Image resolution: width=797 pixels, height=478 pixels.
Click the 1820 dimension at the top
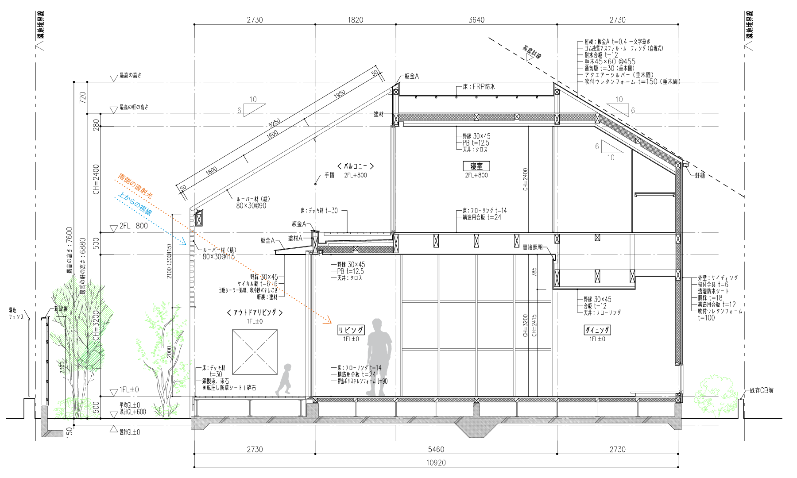[x=355, y=20]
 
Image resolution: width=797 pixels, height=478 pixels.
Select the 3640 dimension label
[x=476, y=20]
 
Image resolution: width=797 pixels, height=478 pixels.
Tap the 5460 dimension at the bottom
[x=436, y=449]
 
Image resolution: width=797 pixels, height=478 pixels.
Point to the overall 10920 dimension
[x=436, y=463]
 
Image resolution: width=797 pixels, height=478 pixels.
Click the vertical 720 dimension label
[x=83, y=98]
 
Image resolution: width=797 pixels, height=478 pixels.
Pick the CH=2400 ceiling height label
[x=96, y=179]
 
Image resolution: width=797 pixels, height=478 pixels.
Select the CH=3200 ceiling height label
[x=96, y=325]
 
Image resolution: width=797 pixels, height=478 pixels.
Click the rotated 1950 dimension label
[x=340, y=94]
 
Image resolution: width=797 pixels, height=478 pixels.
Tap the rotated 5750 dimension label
[x=275, y=123]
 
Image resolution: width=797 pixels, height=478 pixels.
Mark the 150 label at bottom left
[x=70, y=432]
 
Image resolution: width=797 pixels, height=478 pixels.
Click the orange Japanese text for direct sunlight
[x=135, y=185]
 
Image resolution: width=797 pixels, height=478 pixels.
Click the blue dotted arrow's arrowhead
[x=182, y=242]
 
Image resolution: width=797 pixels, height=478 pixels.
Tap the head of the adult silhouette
[x=377, y=324]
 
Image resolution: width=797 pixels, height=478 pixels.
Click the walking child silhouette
[x=284, y=380]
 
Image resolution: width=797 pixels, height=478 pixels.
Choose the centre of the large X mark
[x=255, y=352]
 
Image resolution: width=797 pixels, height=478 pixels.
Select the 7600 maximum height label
[x=70, y=250]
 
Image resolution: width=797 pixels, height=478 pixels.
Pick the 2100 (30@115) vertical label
[x=169, y=261]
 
